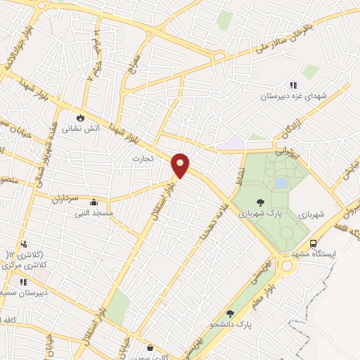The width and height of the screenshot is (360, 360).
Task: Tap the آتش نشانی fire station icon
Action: click(x=81, y=117)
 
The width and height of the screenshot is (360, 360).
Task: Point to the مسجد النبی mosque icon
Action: click(x=94, y=202)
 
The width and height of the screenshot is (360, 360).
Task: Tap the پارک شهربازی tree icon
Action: click(x=260, y=202)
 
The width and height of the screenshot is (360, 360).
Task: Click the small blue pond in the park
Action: click(x=281, y=183)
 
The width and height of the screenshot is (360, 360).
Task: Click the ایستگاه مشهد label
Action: click(x=334, y=253)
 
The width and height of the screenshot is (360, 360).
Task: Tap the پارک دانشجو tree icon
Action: click(x=230, y=314)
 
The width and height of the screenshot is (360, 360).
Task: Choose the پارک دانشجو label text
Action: click(x=234, y=325)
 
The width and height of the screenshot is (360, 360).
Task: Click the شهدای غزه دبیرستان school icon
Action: click(x=283, y=86)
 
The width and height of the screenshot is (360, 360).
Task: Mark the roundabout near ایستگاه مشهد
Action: click(x=286, y=266)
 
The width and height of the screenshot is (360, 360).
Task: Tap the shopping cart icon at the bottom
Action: click(x=150, y=348)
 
